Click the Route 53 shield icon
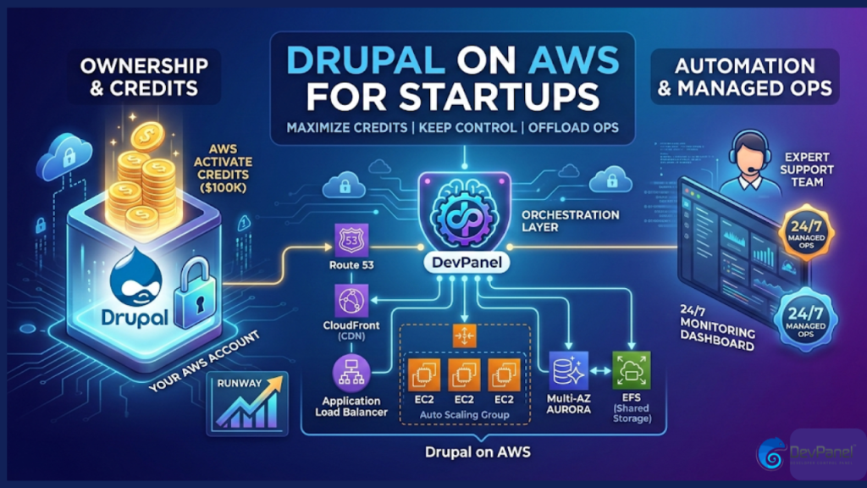(348, 238)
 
